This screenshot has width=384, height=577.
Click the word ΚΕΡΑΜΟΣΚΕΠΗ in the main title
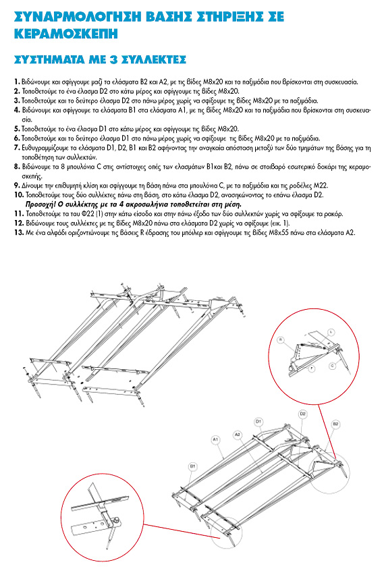pyautogui.click(x=66, y=34)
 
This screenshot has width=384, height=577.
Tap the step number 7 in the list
pyautogui.click(x=17, y=148)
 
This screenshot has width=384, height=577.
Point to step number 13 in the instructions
pyautogui.click(x=19, y=233)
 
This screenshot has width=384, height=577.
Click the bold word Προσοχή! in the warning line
pyautogui.click(x=40, y=204)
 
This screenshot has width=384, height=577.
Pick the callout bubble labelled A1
pyautogui.click(x=216, y=439)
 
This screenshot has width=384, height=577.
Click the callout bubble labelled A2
pyautogui.click(x=238, y=435)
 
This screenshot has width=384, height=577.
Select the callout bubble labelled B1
pyautogui.click(x=192, y=466)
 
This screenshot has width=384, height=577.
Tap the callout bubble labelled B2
pyautogui.click(x=335, y=424)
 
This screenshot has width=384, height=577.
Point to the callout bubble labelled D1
pyautogui.click(x=258, y=421)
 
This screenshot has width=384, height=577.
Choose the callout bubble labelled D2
pyautogui.click(x=302, y=414)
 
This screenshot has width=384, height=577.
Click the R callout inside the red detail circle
pyautogui.click(x=281, y=340)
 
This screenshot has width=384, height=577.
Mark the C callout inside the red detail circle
pyautogui.click(x=333, y=366)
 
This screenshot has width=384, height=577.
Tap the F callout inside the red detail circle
pyautogui.click(x=312, y=368)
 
